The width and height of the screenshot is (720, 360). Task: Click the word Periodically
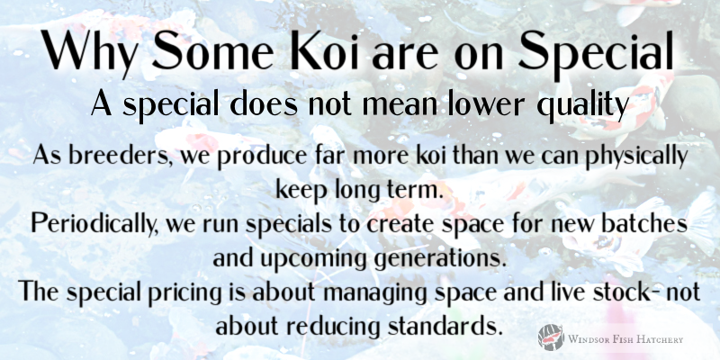pos(89,221)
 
